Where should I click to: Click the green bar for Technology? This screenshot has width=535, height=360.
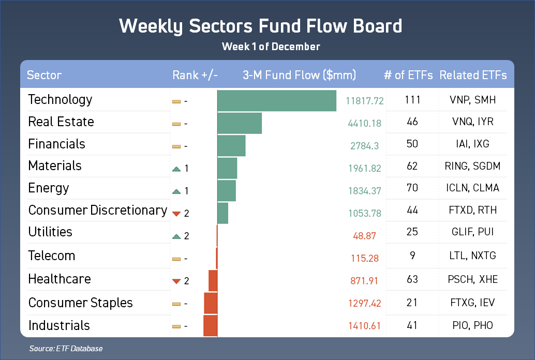(x=277, y=101)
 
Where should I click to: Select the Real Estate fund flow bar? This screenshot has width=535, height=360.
(x=240, y=123)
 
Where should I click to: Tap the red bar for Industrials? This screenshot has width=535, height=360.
(x=211, y=325)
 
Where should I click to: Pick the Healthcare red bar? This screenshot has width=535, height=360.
(x=213, y=280)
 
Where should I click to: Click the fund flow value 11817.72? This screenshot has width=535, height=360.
(x=364, y=101)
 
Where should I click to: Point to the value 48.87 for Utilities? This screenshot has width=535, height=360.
(x=364, y=236)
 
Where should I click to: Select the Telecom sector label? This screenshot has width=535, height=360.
(x=52, y=256)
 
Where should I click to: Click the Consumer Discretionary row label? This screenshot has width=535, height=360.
(x=98, y=210)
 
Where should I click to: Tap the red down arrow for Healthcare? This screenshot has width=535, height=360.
(x=176, y=281)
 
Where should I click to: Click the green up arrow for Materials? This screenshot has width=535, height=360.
(x=176, y=169)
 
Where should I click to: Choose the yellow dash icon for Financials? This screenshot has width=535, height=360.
(x=176, y=147)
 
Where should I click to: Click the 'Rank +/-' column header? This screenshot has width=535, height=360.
(x=195, y=75)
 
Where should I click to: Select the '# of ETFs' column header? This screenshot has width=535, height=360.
(x=408, y=75)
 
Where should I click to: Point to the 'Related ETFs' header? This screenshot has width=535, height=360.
(x=473, y=75)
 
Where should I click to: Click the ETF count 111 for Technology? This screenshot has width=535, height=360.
(x=412, y=100)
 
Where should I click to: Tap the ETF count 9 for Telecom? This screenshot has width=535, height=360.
(x=412, y=255)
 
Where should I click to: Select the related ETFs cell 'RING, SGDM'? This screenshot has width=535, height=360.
(x=472, y=166)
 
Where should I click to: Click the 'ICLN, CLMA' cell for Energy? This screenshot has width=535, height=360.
(x=472, y=188)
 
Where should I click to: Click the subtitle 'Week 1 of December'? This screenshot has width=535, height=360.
(x=271, y=47)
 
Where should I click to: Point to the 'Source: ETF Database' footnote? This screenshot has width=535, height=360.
(x=66, y=349)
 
